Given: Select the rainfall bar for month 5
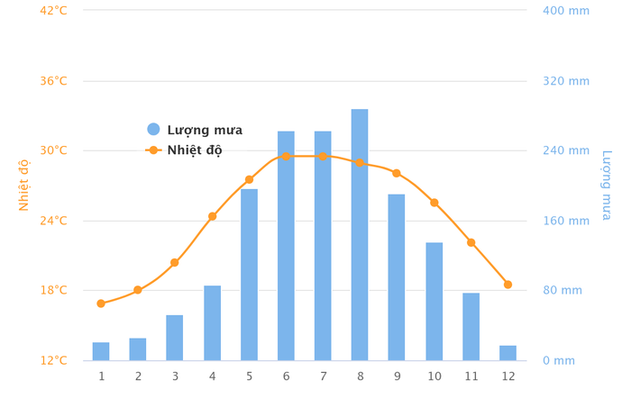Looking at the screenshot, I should (249, 275).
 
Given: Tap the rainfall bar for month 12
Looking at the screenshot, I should (508, 353).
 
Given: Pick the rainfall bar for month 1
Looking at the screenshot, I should (101, 351).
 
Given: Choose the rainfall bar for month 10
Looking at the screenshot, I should (434, 302).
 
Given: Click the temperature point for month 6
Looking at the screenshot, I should (286, 156).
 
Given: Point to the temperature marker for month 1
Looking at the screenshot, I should (101, 304).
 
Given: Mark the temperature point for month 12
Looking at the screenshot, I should (508, 285).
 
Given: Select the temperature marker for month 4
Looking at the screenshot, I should (212, 216).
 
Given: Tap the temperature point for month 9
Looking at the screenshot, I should (397, 173).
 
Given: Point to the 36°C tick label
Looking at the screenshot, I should (52, 80).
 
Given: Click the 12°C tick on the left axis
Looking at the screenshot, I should (52, 360).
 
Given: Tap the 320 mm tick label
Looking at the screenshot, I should (565, 81).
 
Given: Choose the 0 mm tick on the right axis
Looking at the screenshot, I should (558, 360).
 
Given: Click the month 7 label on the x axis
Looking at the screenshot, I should (323, 376).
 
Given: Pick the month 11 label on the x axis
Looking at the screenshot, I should (471, 376).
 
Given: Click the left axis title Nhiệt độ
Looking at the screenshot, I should (24, 185).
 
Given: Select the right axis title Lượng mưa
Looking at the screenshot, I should (606, 185).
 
